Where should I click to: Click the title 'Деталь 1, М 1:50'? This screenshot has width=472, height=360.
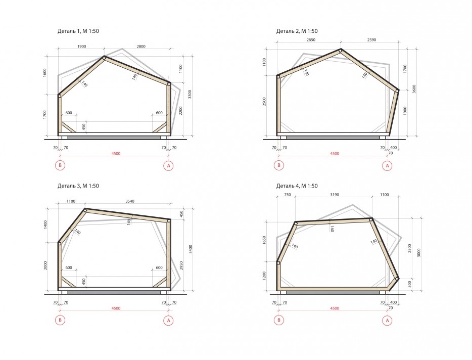tap(78, 31)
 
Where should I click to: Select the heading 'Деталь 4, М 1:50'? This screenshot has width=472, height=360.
tap(297, 186)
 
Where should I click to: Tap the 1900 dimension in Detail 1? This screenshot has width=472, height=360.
tap(81, 47)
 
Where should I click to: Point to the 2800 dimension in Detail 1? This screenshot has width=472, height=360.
tap(141, 47)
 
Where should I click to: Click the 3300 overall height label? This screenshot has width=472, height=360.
tap(190, 95)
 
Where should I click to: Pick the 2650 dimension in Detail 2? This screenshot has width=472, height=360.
tap(311, 40)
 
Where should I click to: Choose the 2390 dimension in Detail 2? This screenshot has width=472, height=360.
tap(372, 40)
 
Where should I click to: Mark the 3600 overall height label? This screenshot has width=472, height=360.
tap(414, 89)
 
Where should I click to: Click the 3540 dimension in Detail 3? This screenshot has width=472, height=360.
tap(130, 201)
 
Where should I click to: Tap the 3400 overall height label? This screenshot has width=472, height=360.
tap(191, 249)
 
